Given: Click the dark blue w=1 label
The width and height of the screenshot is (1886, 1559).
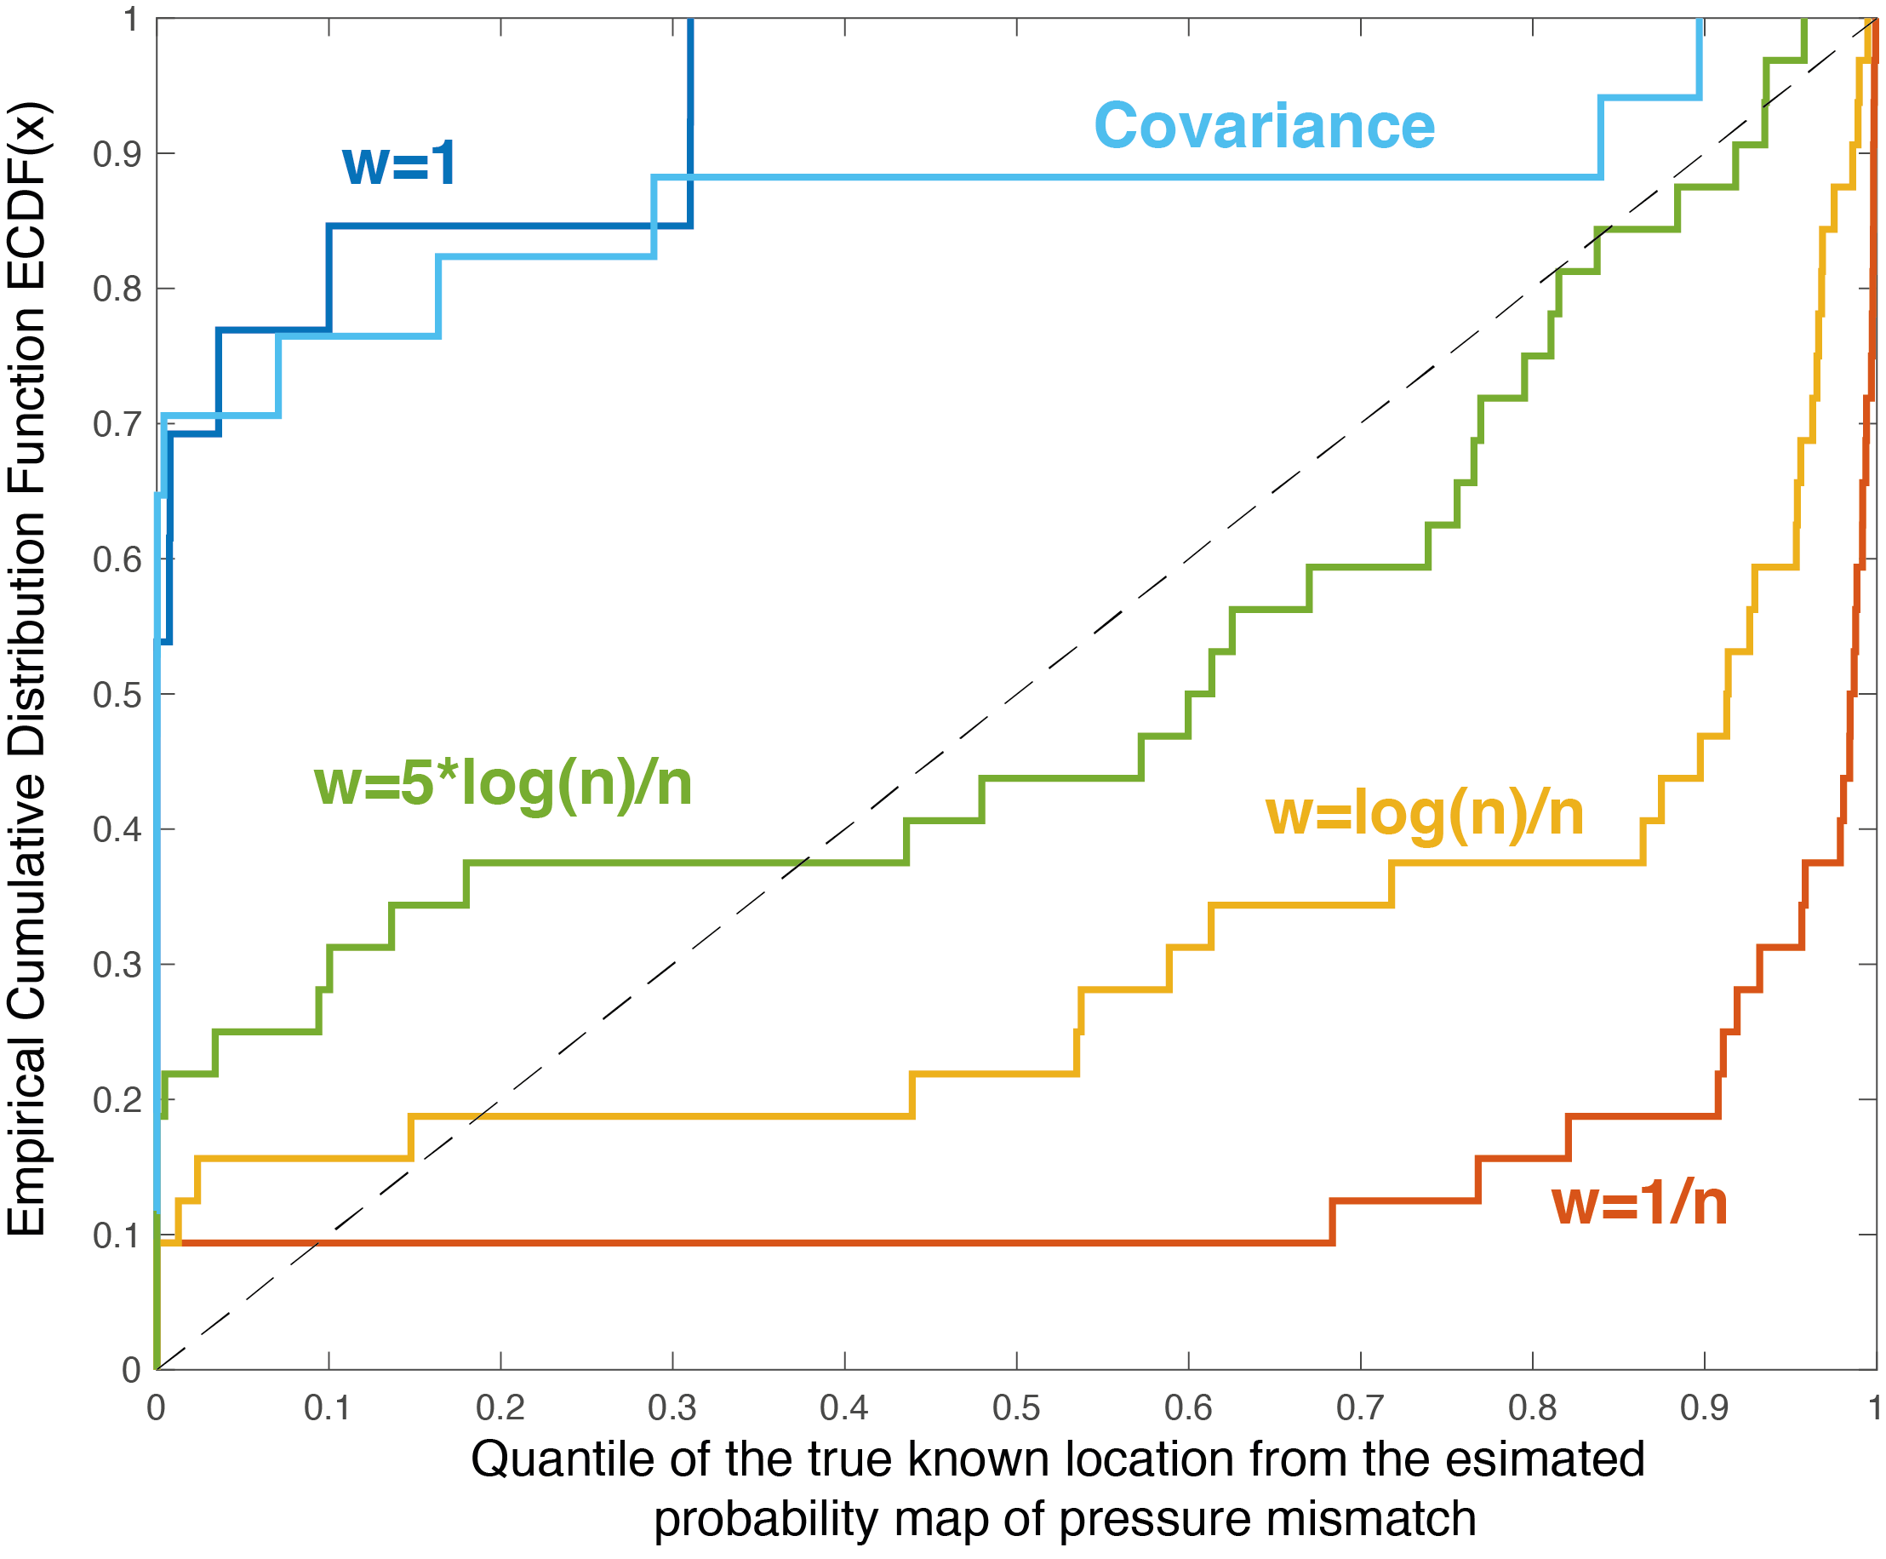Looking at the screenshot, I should coord(399,163).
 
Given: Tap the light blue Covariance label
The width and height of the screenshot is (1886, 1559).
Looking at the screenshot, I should coord(1264,126).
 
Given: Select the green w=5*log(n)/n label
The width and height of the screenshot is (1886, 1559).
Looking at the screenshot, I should coord(503,784).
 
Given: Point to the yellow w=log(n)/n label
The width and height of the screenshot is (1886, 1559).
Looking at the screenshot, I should coord(1424,814).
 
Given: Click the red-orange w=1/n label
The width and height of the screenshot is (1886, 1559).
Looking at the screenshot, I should coord(1639,1203).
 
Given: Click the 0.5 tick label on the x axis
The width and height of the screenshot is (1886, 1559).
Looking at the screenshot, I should coord(1016,1408).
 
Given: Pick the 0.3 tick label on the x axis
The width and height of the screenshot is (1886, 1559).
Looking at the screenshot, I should coord(672,1408).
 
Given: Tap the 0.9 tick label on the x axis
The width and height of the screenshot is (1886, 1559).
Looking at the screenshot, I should coord(1704,1408).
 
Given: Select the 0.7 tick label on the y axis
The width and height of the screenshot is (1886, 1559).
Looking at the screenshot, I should coord(117,424).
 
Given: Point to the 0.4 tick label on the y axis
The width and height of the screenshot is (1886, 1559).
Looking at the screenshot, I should coord(117,829).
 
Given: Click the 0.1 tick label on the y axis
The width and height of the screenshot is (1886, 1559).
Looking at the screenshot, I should coord(117,1235).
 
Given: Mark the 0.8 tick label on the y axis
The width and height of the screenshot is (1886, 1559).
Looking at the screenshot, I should coord(117,289).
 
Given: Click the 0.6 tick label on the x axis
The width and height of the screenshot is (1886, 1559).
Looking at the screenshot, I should coord(1187,1408).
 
